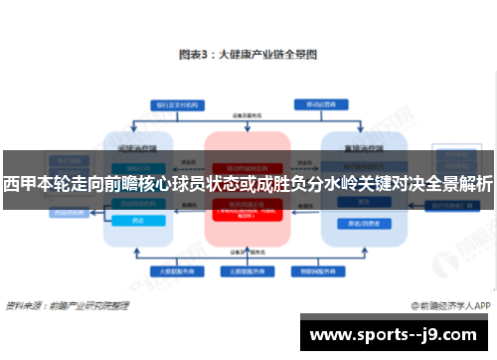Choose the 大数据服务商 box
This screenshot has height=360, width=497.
click(x=166, y=270)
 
